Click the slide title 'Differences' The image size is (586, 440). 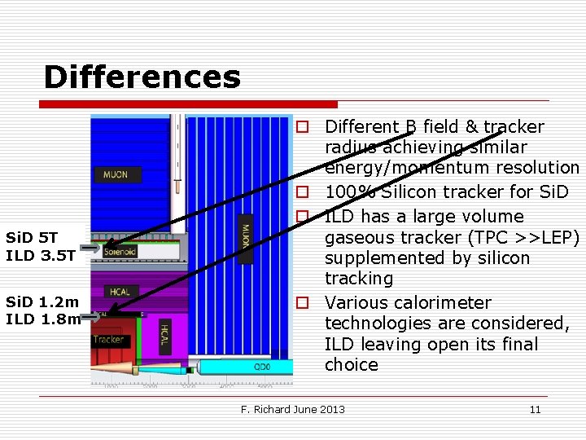[142, 77]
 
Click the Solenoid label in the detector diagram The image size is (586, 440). [120, 252]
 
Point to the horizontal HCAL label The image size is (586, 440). [121, 292]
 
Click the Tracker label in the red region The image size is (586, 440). [108, 339]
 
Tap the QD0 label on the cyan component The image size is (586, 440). [261, 367]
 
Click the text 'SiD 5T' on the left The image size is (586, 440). [32, 238]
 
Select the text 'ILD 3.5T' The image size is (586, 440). [41, 255]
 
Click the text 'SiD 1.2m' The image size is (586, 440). [42, 301]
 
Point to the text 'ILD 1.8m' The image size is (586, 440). [42, 319]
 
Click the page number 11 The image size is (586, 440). [535, 409]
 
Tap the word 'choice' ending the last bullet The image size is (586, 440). [352, 364]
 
